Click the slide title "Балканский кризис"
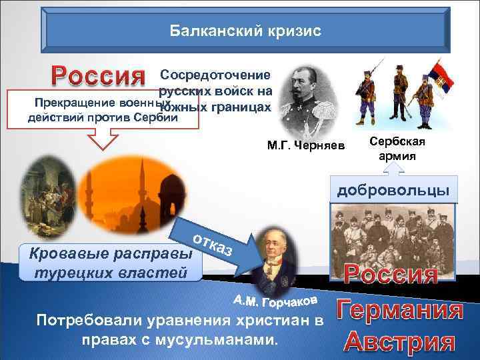[245, 31]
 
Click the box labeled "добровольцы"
[393, 191]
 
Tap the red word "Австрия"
[401, 341]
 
